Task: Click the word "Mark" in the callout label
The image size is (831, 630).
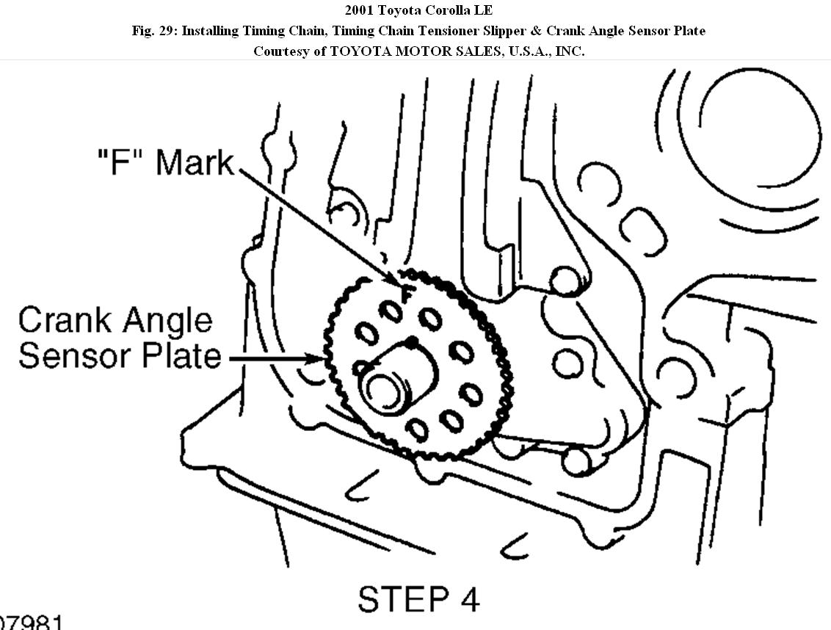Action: (x=195, y=162)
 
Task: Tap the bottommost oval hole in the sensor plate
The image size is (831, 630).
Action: (x=418, y=430)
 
